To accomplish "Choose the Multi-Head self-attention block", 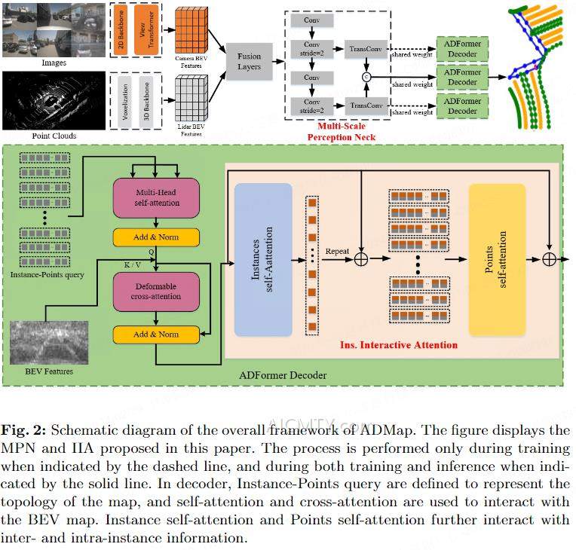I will pyautogui.click(x=155, y=198).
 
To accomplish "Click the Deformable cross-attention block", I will pyautogui.click(x=155, y=291).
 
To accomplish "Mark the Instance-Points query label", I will pyautogui.click(x=47, y=274).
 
